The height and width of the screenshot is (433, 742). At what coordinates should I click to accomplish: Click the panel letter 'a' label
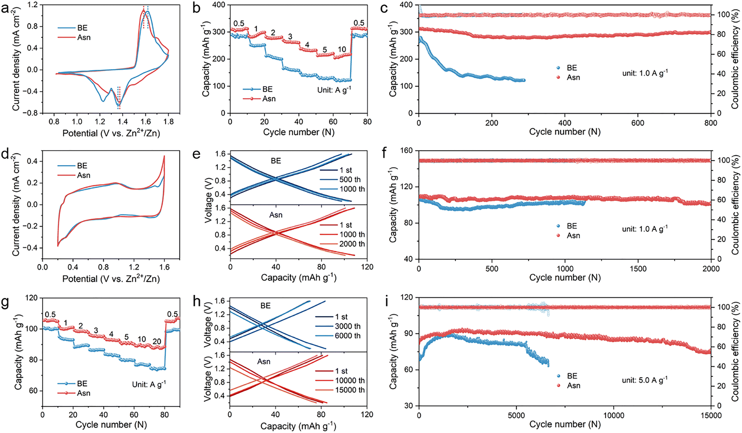[x=5, y=8]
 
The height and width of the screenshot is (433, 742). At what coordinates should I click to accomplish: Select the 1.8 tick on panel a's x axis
[x=168, y=122]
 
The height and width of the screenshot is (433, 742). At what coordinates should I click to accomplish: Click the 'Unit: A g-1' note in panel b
[x=334, y=90]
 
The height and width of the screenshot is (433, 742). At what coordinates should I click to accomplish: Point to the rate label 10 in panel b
[x=342, y=49]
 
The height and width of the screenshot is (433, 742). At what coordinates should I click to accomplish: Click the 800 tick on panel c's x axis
[x=710, y=123]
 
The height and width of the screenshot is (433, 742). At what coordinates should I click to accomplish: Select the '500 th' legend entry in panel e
[x=350, y=180]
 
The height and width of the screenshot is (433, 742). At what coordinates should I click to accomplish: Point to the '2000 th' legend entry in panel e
[x=352, y=244]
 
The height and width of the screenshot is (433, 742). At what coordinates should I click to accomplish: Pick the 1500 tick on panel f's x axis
[x=638, y=269]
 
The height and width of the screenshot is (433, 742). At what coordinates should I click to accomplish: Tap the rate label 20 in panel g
[x=157, y=342]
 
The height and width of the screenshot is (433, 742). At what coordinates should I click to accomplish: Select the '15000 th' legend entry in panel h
[x=350, y=390]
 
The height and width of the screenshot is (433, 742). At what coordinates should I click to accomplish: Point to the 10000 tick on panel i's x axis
[x=613, y=415]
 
